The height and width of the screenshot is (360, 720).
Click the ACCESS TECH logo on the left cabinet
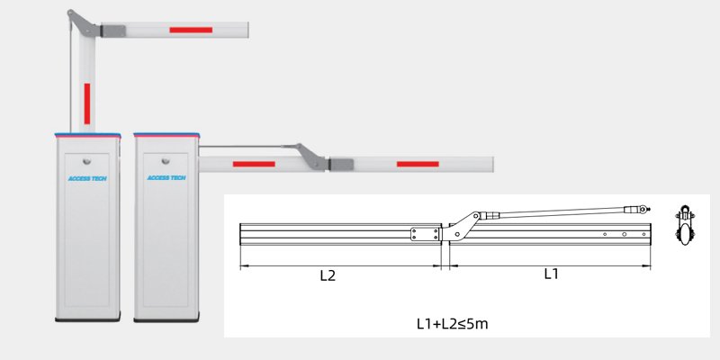[86, 178]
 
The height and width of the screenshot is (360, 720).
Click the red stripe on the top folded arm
[191, 30]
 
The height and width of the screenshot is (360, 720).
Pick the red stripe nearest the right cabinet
[254, 164]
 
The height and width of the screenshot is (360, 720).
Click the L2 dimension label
[328, 276]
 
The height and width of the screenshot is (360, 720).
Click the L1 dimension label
[552, 274]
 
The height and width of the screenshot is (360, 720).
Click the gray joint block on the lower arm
[342, 165]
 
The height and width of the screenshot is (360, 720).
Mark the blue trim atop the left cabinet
[86, 135]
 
